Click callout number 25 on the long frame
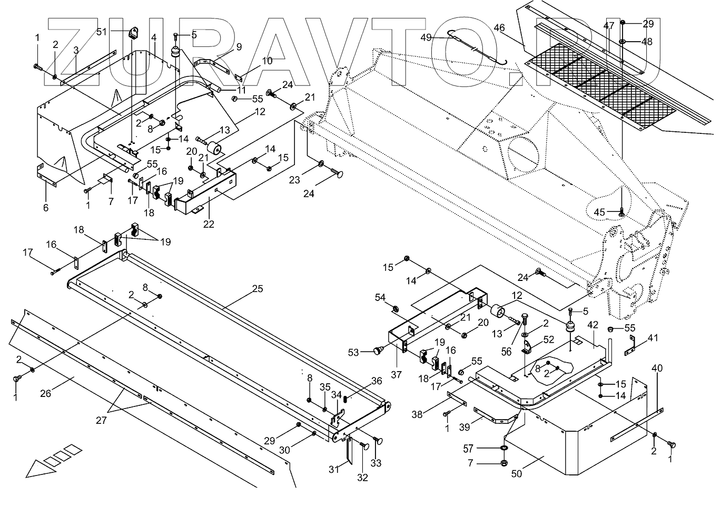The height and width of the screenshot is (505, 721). pyautogui.click(x=257, y=289)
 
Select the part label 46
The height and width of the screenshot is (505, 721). pyautogui.click(x=499, y=27)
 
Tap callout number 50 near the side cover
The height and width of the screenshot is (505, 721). pyautogui.click(x=517, y=473)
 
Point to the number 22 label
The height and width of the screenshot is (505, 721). pyautogui.click(x=209, y=224)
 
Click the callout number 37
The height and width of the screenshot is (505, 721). pyautogui.click(x=396, y=375)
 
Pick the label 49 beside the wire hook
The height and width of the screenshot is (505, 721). pyautogui.click(x=426, y=37)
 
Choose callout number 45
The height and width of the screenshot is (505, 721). pyautogui.click(x=599, y=212)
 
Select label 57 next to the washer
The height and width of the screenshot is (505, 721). pyautogui.click(x=468, y=449)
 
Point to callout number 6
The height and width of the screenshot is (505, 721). pyautogui.click(x=46, y=208)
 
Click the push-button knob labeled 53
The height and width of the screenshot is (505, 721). pyautogui.click(x=378, y=349)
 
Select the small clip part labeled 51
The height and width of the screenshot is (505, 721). pyautogui.click(x=132, y=32)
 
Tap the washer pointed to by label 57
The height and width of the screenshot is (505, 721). pyautogui.click(x=503, y=449)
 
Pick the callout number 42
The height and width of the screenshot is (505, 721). pyautogui.click(x=593, y=325)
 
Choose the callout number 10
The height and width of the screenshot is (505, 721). pyautogui.click(x=267, y=61)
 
